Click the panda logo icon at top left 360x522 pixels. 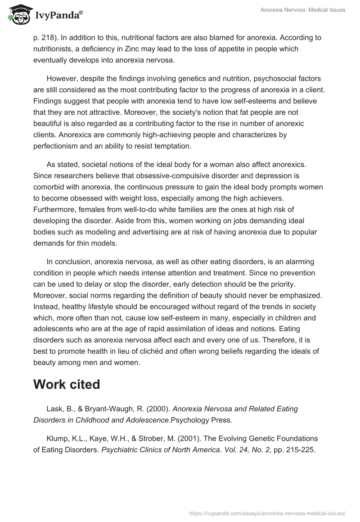pos(18,15)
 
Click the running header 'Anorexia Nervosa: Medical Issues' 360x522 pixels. pos(303,10)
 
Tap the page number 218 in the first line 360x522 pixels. pos(48,37)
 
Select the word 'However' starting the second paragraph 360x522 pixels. pos(62,78)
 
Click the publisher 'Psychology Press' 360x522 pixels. pos(206,420)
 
